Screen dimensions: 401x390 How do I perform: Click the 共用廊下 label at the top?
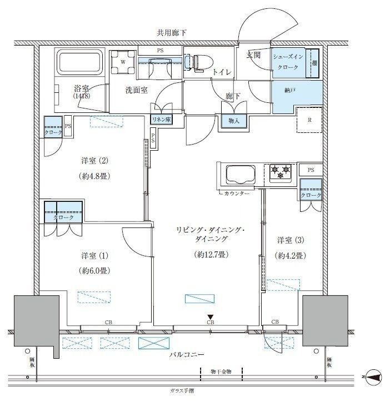[x=171, y=33]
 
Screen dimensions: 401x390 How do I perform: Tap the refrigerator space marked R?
[x=309, y=119]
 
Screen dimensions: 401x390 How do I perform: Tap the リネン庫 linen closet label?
[x=162, y=119]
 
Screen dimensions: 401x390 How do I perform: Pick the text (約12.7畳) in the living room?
[x=211, y=255]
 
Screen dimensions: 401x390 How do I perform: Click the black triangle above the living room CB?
[x=211, y=316]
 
